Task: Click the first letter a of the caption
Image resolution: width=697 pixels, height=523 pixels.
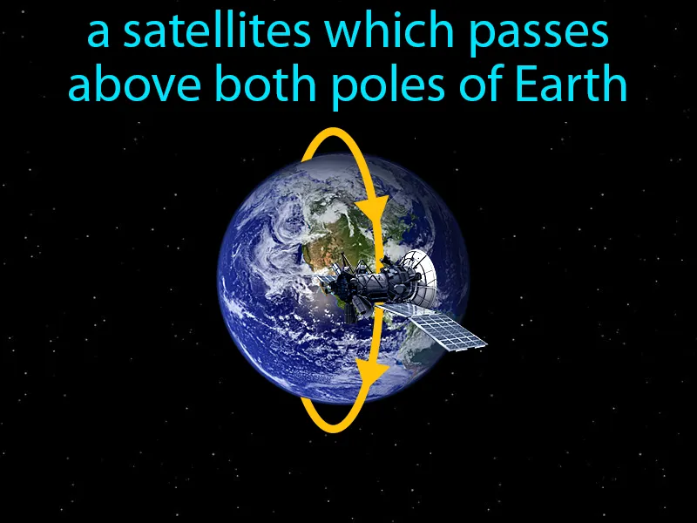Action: pyautogui.click(x=99, y=37)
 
